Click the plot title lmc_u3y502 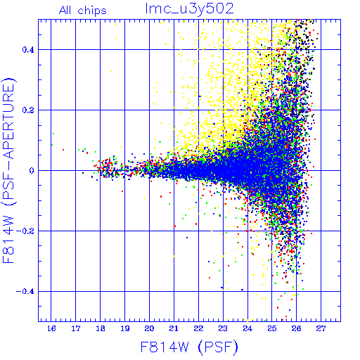[x=189, y=9]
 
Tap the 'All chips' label [x=83, y=11]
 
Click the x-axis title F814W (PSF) [x=189, y=347]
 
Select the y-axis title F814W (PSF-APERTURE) [x=8, y=171]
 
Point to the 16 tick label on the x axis [x=51, y=328]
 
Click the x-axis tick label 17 [x=76, y=328]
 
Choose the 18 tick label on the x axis [x=101, y=328]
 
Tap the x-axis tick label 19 [x=125, y=328]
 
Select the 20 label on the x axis [x=149, y=328]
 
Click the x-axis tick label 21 [x=174, y=328]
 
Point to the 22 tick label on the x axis [x=198, y=328]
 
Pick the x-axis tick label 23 [x=223, y=328]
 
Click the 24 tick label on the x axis [x=247, y=328]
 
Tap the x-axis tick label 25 [x=272, y=328]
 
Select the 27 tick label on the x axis [x=321, y=328]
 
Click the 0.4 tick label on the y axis [x=28, y=50]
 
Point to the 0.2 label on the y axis [x=28, y=110]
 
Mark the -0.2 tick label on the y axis [x=25, y=231]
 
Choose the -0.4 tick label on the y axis [x=25, y=292]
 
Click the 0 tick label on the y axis [x=32, y=171]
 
